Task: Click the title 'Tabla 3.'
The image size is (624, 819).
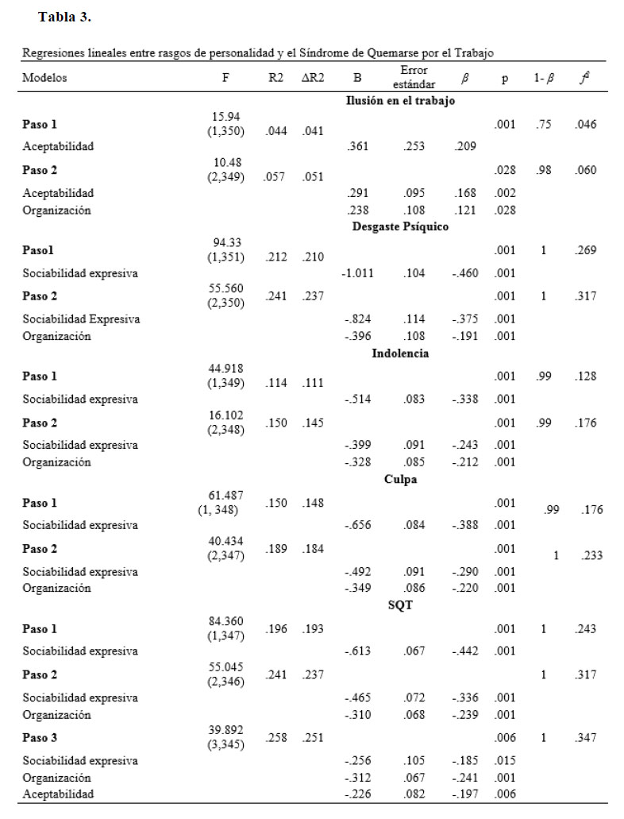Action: click(x=65, y=15)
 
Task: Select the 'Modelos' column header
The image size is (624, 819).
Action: click(x=44, y=79)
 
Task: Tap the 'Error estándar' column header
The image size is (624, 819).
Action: click(x=413, y=78)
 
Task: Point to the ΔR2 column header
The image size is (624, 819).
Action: click(x=313, y=79)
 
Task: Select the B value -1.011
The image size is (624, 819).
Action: click(x=358, y=273)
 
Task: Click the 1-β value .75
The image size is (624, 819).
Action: click(x=545, y=124)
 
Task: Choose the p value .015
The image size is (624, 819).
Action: click(x=505, y=761)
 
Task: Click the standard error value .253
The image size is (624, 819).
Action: click(x=414, y=147)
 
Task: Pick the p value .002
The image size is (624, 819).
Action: click(x=505, y=193)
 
